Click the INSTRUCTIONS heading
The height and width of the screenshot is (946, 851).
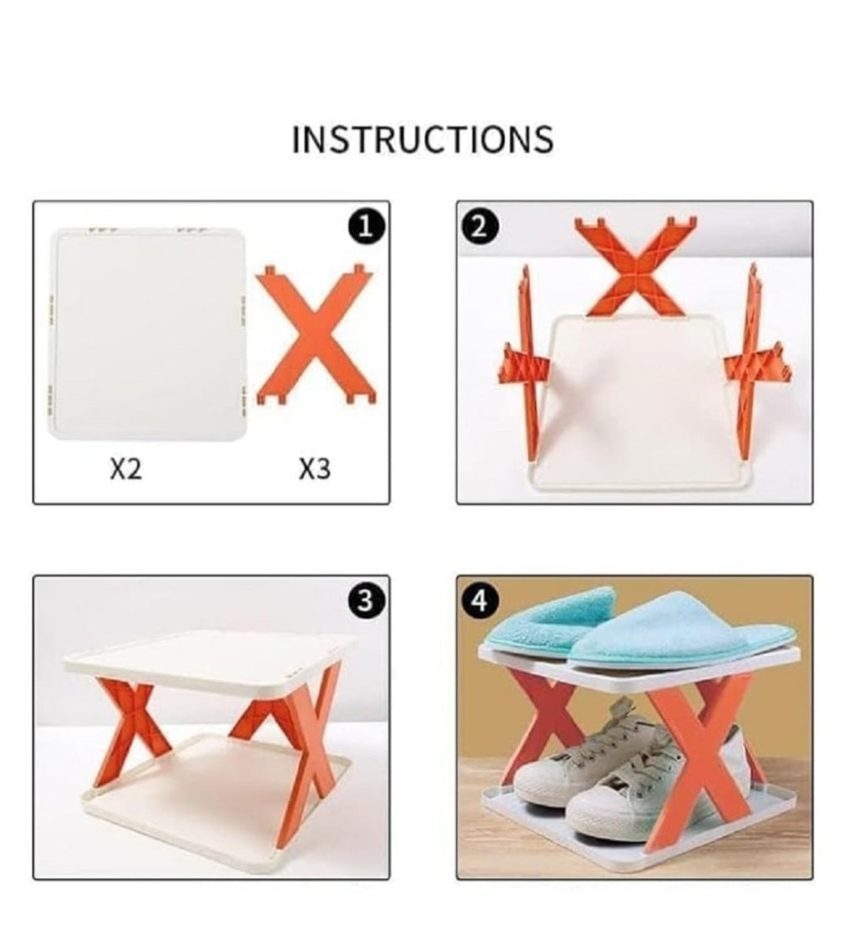pyautogui.click(x=422, y=140)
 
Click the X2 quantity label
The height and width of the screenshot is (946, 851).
pyautogui.click(x=126, y=470)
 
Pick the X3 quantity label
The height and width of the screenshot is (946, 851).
pyautogui.click(x=315, y=470)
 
